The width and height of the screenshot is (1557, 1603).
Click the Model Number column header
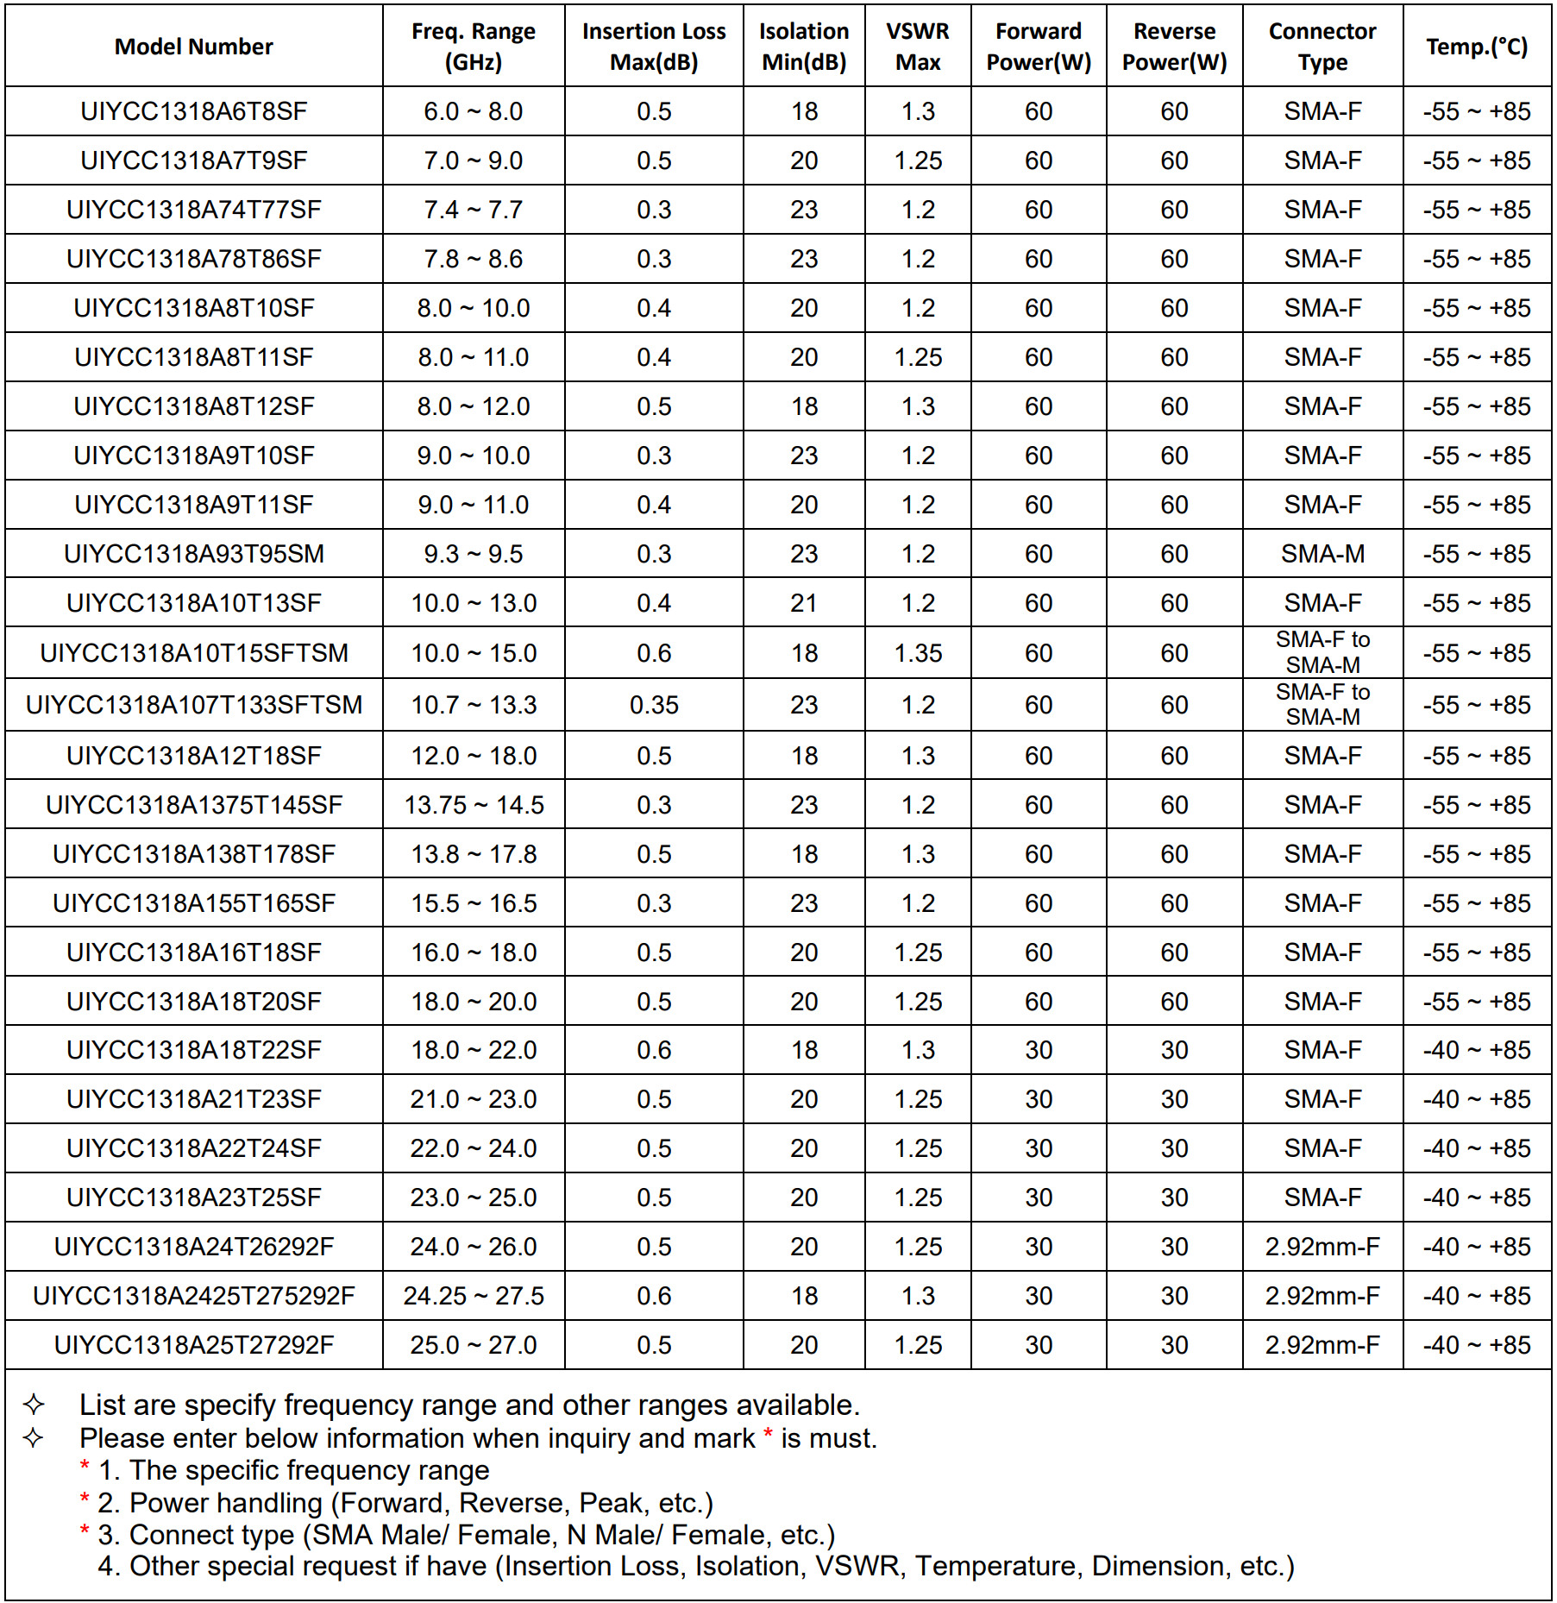[x=193, y=47]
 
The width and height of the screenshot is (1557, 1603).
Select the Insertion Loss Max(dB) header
[x=654, y=47]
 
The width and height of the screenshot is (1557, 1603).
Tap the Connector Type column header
[x=1322, y=47]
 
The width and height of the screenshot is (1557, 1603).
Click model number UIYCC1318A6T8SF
[x=193, y=111]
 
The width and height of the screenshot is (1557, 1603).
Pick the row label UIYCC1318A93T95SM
[x=193, y=554]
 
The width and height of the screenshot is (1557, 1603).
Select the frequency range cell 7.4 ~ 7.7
[x=473, y=210]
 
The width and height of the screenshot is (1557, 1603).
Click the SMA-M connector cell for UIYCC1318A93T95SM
[x=1322, y=554]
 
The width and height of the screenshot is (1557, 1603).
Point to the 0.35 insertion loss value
[x=654, y=705]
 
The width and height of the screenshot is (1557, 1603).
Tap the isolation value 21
[x=803, y=603]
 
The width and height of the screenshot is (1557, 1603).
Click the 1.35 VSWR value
[x=918, y=653]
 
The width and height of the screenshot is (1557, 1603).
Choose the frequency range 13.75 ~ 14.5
[x=474, y=805]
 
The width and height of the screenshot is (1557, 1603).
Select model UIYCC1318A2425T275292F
[x=193, y=1296]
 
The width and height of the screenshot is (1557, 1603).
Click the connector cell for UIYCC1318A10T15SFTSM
[x=1322, y=652]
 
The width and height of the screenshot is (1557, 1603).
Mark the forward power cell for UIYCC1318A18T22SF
[x=1038, y=1050]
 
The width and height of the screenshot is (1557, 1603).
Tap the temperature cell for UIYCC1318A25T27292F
[x=1476, y=1345]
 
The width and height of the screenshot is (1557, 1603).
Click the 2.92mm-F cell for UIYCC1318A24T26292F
[x=1322, y=1247]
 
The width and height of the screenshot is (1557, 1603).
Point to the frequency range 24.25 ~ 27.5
[x=474, y=1296]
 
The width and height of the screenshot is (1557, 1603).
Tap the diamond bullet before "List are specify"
[x=34, y=1405]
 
